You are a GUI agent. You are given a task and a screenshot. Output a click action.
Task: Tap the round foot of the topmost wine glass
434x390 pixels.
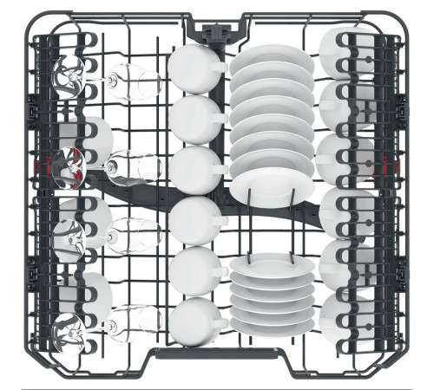(x=69, y=77)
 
